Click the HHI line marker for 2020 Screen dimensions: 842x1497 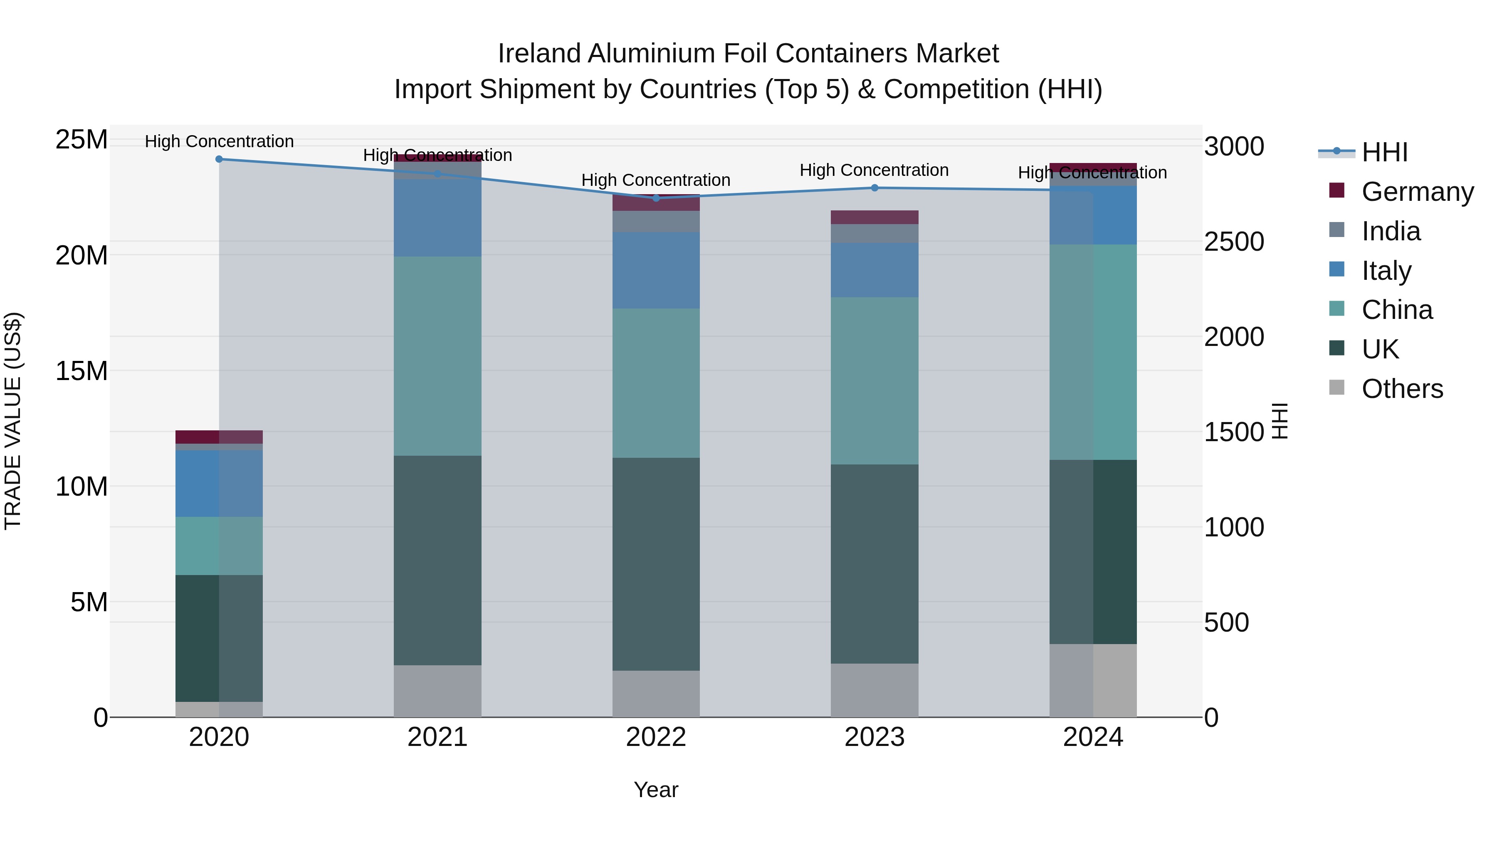pyautogui.click(x=219, y=159)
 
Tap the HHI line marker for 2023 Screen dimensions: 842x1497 pyautogui.click(x=874, y=188)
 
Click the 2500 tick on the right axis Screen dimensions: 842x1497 pyautogui.click(x=1233, y=242)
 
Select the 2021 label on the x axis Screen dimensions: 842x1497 pyautogui.click(x=437, y=737)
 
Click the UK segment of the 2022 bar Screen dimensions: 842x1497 pyautogui.click(x=656, y=564)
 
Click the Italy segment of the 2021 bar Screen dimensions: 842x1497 pyautogui.click(x=437, y=218)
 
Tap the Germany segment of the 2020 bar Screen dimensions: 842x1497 pyautogui.click(x=219, y=437)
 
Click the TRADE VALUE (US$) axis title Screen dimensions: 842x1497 pyautogui.click(x=13, y=421)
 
